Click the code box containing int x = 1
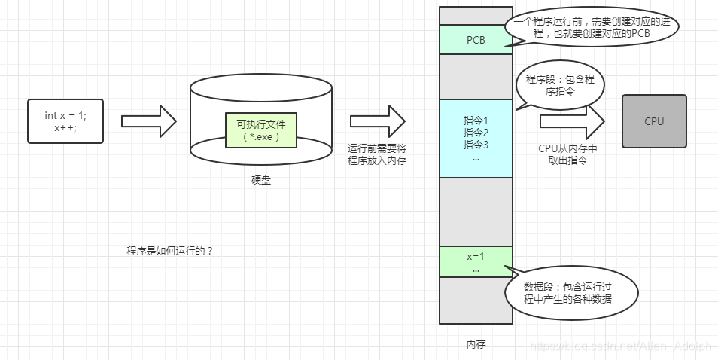tap(65, 121)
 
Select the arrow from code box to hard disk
tap(148, 121)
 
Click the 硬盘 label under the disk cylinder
tap(260, 181)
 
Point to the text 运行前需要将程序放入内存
tap(377, 154)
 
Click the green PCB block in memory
tap(476, 39)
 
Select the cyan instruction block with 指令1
tap(476, 138)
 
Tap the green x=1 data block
tap(476, 261)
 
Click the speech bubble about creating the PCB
tap(592, 28)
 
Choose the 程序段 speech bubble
tap(560, 85)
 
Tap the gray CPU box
tap(654, 121)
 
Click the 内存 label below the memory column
tap(476, 344)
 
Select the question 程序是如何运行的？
tap(170, 251)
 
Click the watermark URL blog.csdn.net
tap(620, 346)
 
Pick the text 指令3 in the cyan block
tap(476, 145)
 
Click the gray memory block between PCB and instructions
tap(476, 76)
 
